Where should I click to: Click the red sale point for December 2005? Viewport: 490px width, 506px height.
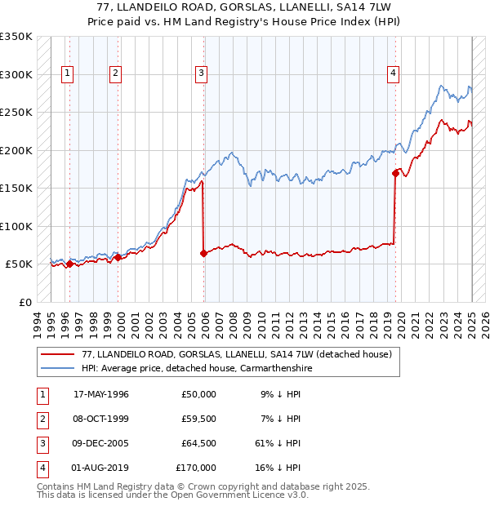pyautogui.click(x=203, y=254)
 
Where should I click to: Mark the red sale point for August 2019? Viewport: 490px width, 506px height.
pyautogui.click(x=395, y=173)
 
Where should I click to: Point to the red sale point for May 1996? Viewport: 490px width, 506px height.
pyautogui.click(x=69, y=264)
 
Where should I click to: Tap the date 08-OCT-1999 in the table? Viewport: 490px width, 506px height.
pyautogui.click(x=101, y=419)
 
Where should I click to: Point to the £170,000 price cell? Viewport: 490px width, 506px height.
pyautogui.click(x=196, y=468)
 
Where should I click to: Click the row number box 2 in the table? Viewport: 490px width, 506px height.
pyautogui.click(x=40, y=419)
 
